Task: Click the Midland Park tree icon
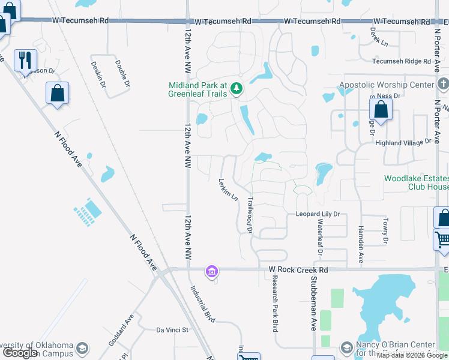tap(237, 89)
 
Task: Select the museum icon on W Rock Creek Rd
tap(211, 272)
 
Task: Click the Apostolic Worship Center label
tap(386, 85)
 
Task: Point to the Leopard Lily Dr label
tap(318, 214)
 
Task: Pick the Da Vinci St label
tap(172, 329)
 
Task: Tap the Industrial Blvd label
tap(202, 304)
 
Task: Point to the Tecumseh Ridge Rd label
tap(402, 61)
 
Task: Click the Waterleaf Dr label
tap(320, 238)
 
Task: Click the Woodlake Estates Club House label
tap(416, 182)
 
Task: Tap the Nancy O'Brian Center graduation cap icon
tap(346, 347)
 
